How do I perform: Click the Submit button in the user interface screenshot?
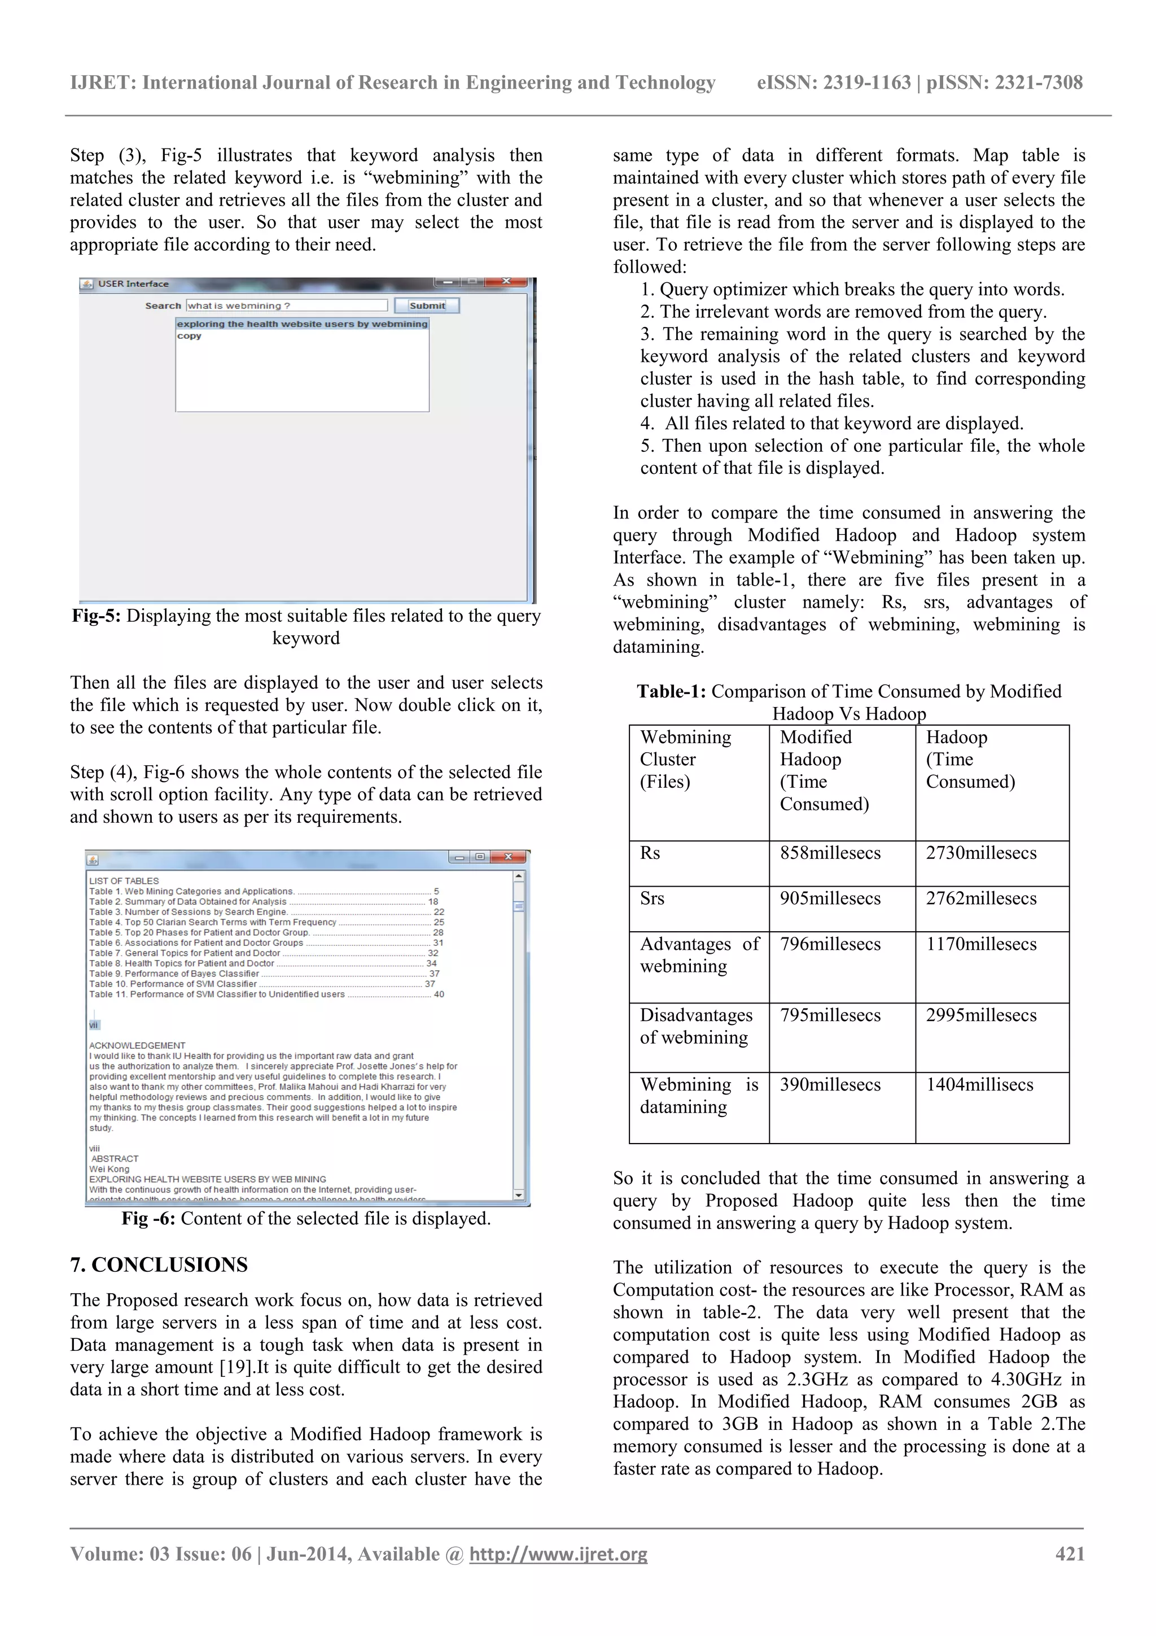pyautogui.click(x=427, y=306)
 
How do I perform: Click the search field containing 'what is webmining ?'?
pyautogui.click(x=286, y=306)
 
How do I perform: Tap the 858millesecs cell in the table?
pyautogui.click(x=830, y=853)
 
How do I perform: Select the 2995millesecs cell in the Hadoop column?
pyautogui.click(x=981, y=1015)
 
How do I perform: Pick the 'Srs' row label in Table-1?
pyautogui.click(x=652, y=898)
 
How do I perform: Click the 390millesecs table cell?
pyautogui.click(x=830, y=1084)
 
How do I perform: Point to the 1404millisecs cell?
pyautogui.click(x=979, y=1084)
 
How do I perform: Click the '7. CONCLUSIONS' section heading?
pyautogui.click(x=159, y=1265)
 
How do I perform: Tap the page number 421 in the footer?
pyautogui.click(x=1069, y=1554)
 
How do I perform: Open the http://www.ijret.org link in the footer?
pyautogui.click(x=558, y=1554)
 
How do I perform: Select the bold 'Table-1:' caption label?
pyautogui.click(x=671, y=691)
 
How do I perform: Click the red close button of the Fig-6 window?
pyautogui.click(x=509, y=857)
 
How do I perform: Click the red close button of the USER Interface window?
pyautogui.click(x=506, y=281)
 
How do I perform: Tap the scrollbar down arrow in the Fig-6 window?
pyautogui.click(x=519, y=1195)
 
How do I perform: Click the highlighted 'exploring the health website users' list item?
pyautogui.click(x=302, y=324)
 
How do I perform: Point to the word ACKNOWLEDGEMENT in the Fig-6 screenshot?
pyautogui.click(x=137, y=1045)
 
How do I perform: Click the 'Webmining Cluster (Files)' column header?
pyautogui.click(x=685, y=759)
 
